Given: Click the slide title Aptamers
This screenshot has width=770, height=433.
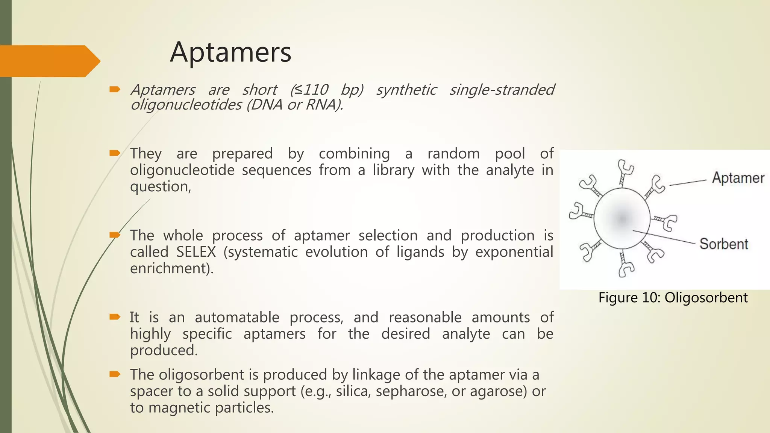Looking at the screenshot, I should [230, 52].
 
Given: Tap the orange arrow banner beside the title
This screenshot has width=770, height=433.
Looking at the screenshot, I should [49, 61].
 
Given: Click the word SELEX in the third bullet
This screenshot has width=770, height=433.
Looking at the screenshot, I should [196, 252].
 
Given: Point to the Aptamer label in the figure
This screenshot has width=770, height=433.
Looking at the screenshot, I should [738, 178].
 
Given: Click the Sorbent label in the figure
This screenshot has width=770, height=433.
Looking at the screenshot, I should [724, 244].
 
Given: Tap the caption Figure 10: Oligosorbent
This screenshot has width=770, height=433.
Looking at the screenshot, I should [673, 297].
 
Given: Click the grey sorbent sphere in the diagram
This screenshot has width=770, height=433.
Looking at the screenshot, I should [622, 218].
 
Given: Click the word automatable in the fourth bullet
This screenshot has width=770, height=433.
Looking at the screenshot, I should [237, 317].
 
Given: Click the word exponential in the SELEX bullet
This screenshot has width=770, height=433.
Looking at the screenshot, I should [514, 252].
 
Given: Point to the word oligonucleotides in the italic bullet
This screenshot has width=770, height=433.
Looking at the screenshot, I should [186, 104].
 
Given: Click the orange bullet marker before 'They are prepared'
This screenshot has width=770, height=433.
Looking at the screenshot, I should [115, 153].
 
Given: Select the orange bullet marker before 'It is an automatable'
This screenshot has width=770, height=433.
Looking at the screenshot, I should [115, 317].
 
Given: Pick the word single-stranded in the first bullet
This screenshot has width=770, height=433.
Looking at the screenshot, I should [502, 90].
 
